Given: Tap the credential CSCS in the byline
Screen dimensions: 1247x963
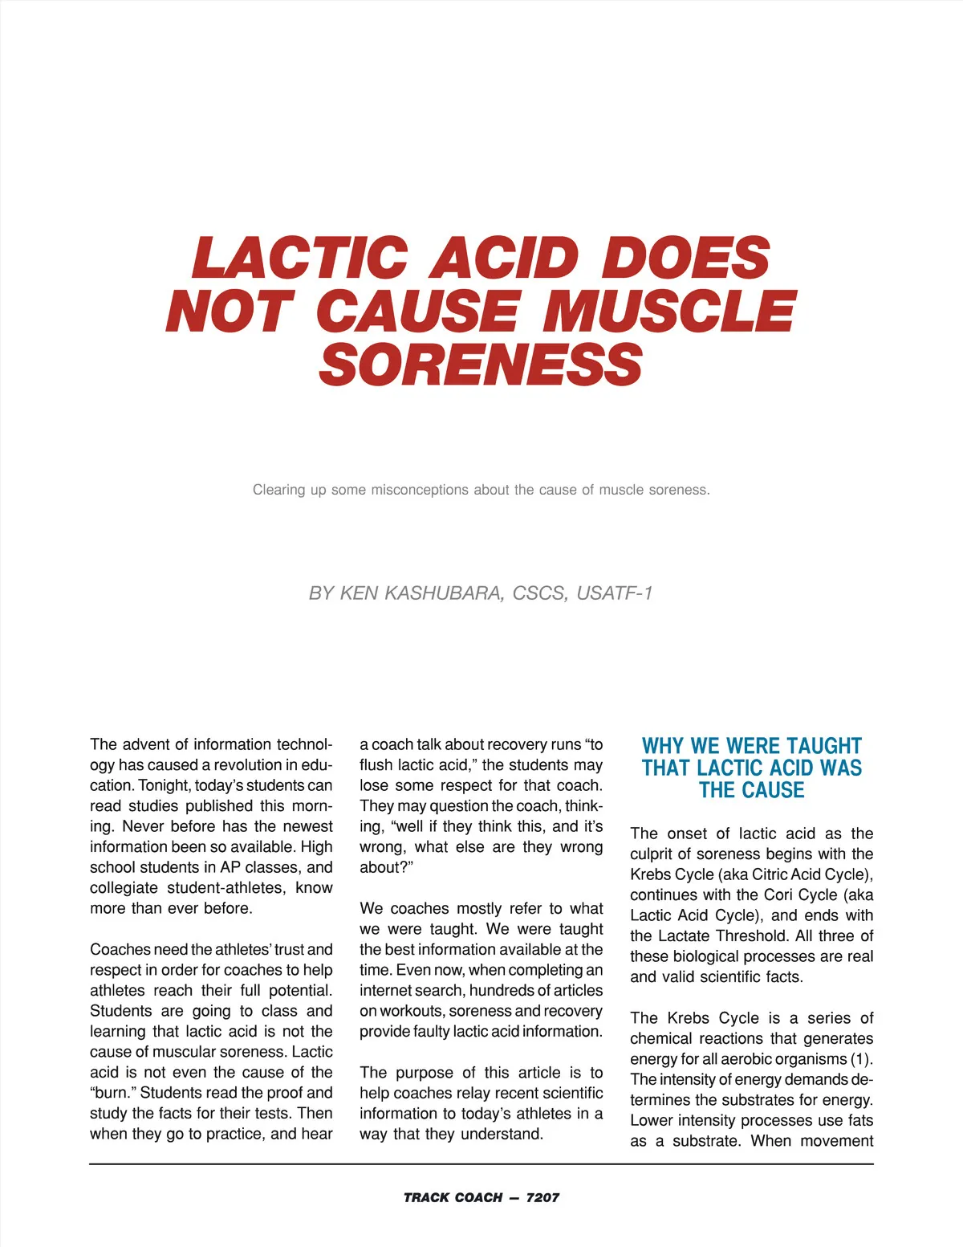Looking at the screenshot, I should pyautogui.click(x=540, y=593).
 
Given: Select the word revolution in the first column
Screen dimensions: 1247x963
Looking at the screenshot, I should pyautogui.click(x=256, y=765).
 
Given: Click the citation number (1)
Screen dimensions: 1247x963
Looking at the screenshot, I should pyautogui.click(x=861, y=1059).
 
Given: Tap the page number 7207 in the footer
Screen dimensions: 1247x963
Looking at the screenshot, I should pyautogui.click(x=542, y=1197).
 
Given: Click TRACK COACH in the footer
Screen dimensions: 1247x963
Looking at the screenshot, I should pyautogui.click(x=453, y=1197).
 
